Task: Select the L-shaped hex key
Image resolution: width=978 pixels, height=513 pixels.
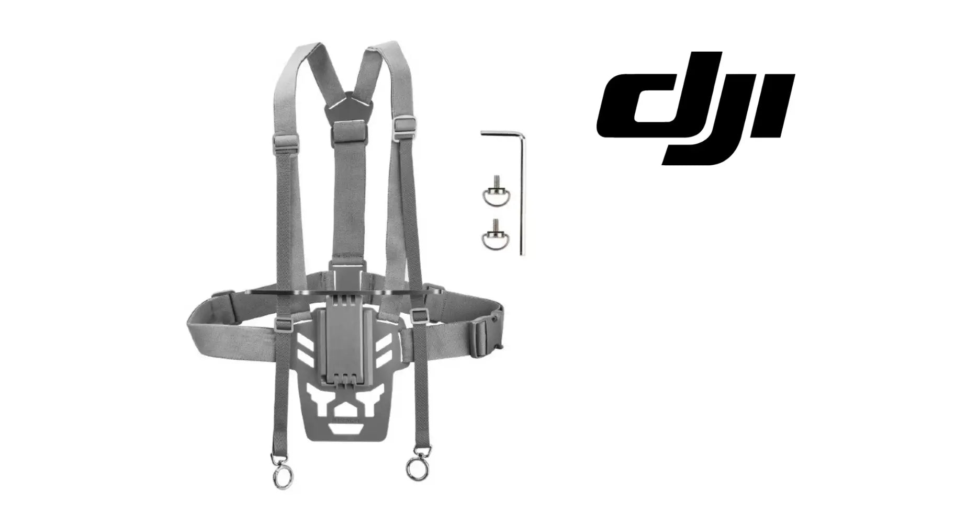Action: [x=522, y=193]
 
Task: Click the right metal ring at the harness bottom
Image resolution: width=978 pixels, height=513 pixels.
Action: [x=418, y=466]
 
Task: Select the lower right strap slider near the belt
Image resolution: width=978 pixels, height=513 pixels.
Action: [x=419, y=315]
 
